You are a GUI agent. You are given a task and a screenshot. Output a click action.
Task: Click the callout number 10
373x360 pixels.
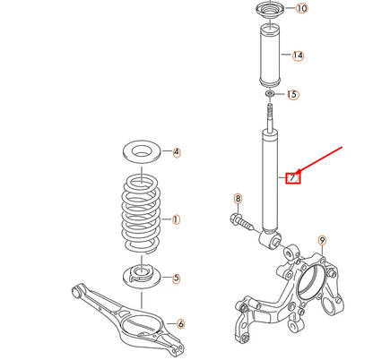300,9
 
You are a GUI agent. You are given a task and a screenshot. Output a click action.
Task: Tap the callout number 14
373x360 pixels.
298,56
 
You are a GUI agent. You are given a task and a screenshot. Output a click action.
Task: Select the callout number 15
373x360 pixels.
292,94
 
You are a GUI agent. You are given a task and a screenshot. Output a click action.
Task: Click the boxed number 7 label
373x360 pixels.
292,177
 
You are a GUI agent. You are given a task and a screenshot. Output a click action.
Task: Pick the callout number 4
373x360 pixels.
177,152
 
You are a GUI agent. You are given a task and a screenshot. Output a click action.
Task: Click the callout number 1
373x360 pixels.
176,218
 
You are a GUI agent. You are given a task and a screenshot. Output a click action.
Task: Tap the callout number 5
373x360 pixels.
177,278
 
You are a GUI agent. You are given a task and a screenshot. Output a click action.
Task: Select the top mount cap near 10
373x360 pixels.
268,13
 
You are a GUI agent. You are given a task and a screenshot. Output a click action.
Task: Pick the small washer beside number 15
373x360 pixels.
269,93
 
